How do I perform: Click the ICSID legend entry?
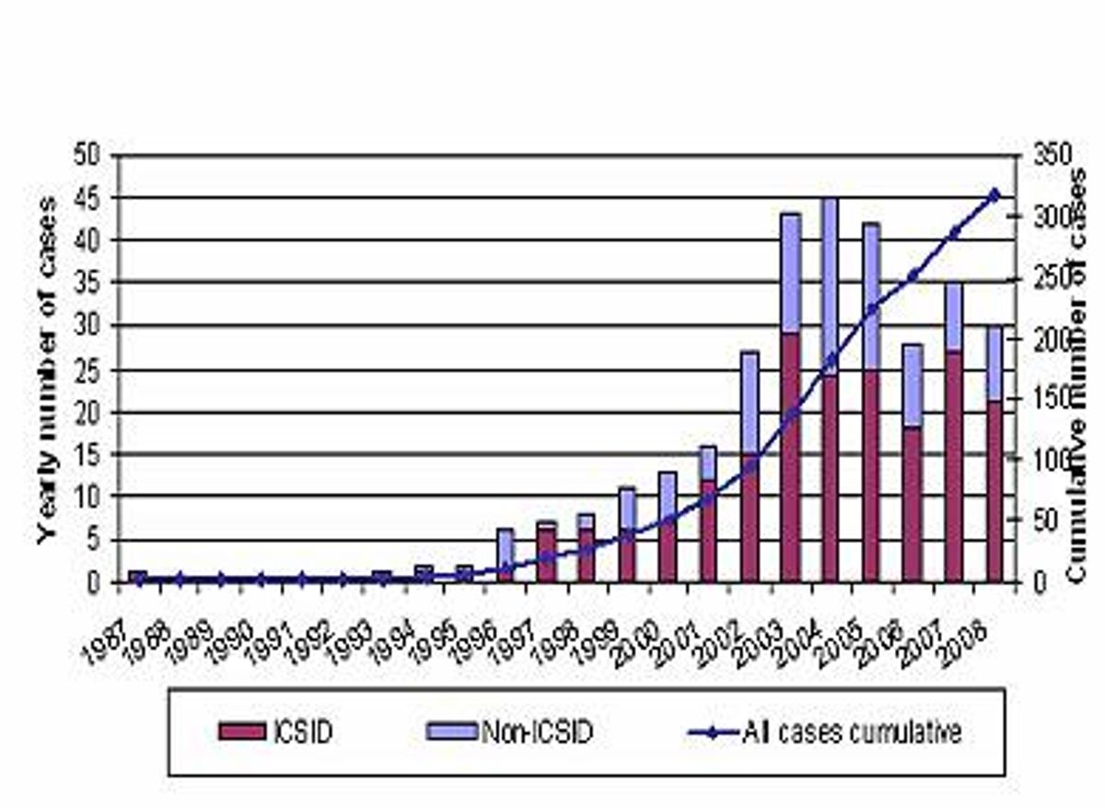[277, 732]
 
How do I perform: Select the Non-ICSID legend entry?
[517, 732]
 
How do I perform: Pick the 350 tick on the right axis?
[1047, 155]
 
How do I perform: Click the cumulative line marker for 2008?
[994, 194]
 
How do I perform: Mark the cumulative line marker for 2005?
[871, 310]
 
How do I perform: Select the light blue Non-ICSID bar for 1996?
[505, 548]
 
